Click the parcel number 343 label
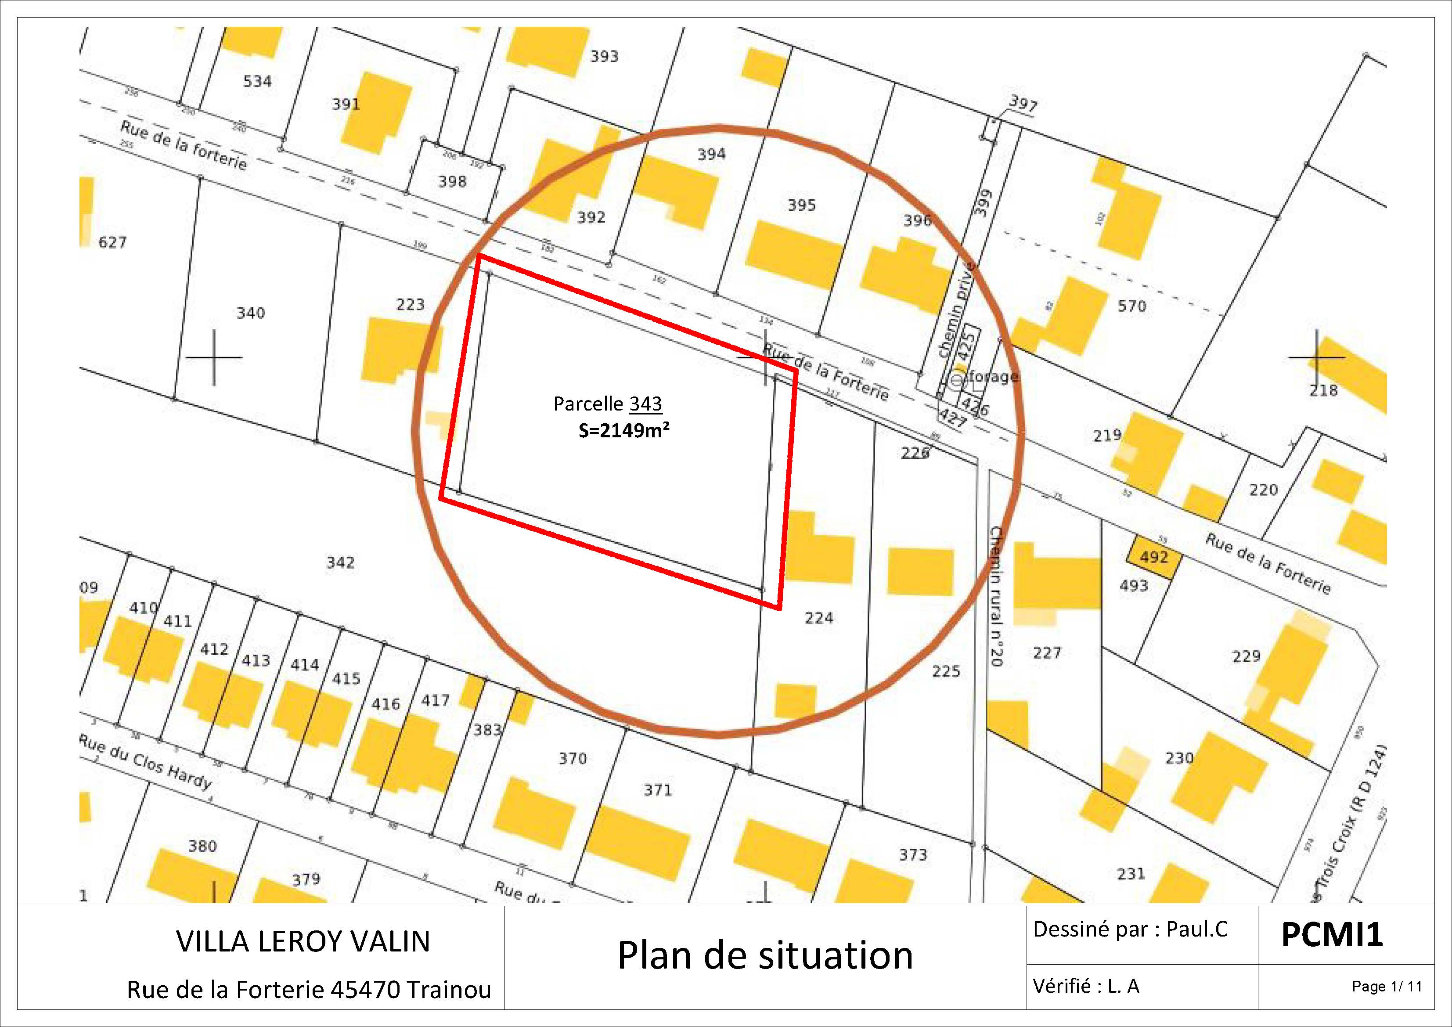[x=646, y=404]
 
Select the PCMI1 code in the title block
[x=1332, y=935]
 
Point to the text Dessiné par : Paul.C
[x=1130, y=929]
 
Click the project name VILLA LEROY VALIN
[x=303, y=941]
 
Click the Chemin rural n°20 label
[x=996, y=596]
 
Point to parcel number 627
[x=112, y=242]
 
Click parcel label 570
[x=1131, y=306]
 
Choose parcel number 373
[x=912, y=855]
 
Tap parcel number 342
[x=340, y=562]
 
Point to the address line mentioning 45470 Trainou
[x=309, y=990]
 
